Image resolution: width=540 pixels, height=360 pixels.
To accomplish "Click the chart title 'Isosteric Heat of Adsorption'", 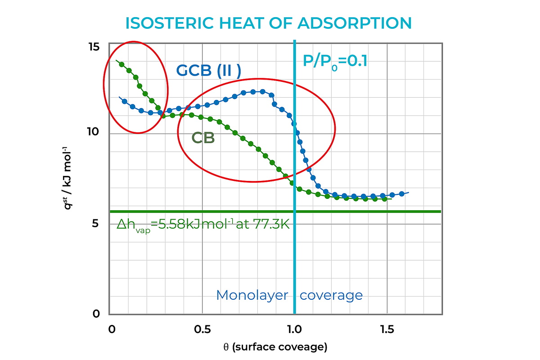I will pyautogui.click(x=269, y=23).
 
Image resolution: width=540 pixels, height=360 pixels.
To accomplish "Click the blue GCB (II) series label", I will pyautogui.click(x=208, y=71).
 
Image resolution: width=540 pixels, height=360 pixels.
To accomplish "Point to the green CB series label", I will pyautogui.click(x=203, y=138).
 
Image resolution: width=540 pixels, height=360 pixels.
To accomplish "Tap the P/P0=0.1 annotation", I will pyautogui.click(x=335, y=61).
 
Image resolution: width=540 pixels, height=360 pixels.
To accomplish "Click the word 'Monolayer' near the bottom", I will pyautogui.click(x=252, y=295).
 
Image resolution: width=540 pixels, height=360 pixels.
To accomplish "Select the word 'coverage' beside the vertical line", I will pyautogui.click(x=331, y=295).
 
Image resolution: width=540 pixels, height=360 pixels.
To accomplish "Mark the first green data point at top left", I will pyautogui.click(x=121, y=64).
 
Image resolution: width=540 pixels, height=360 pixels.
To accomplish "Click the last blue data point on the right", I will pyautogui.click(x=401, y=194).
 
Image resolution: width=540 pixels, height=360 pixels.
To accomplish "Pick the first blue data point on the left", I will pyautogui.click(x=124, y=101).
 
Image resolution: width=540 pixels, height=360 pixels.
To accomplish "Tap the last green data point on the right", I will pyautogui.click(x=384, y=199).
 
